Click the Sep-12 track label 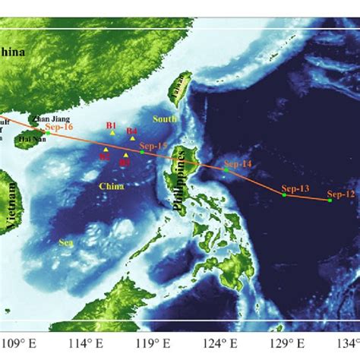pos(340,194)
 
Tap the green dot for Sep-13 pos(284,195)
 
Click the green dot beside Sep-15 pos(142,153)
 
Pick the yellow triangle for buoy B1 pos(112,134)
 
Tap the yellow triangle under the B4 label pos(133,138)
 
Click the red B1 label pos(111,125)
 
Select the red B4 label pos(132,131)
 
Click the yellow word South pos(163,119)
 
